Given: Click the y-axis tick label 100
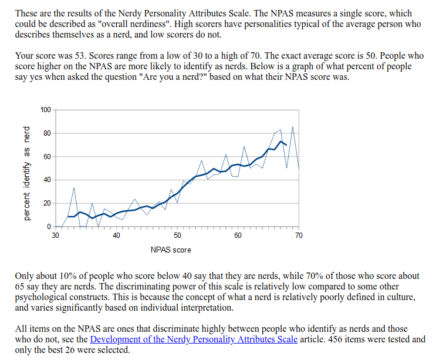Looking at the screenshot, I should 46,110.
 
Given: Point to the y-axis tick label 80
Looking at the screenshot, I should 48,133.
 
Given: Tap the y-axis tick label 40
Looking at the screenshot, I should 48,180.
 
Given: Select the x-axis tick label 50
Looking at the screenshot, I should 177,235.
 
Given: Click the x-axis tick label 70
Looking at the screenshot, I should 299,235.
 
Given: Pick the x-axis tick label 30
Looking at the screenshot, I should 56,235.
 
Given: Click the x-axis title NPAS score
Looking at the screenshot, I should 171,250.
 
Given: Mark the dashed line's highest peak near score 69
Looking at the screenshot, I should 293,127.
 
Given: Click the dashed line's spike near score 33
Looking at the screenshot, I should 74,189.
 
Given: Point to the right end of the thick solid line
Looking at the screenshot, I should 286,144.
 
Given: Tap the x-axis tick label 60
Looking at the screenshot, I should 238,235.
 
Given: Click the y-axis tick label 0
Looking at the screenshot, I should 50,227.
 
